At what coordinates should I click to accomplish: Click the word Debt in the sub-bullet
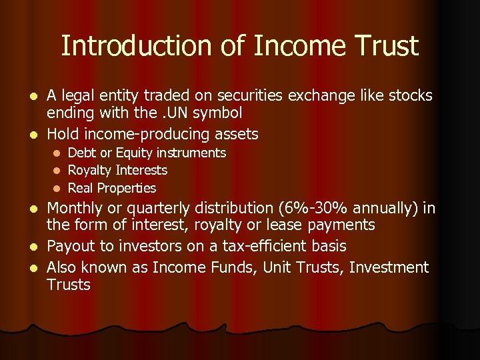coord(83,153)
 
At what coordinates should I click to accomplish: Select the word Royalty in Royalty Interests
coord(91,171)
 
